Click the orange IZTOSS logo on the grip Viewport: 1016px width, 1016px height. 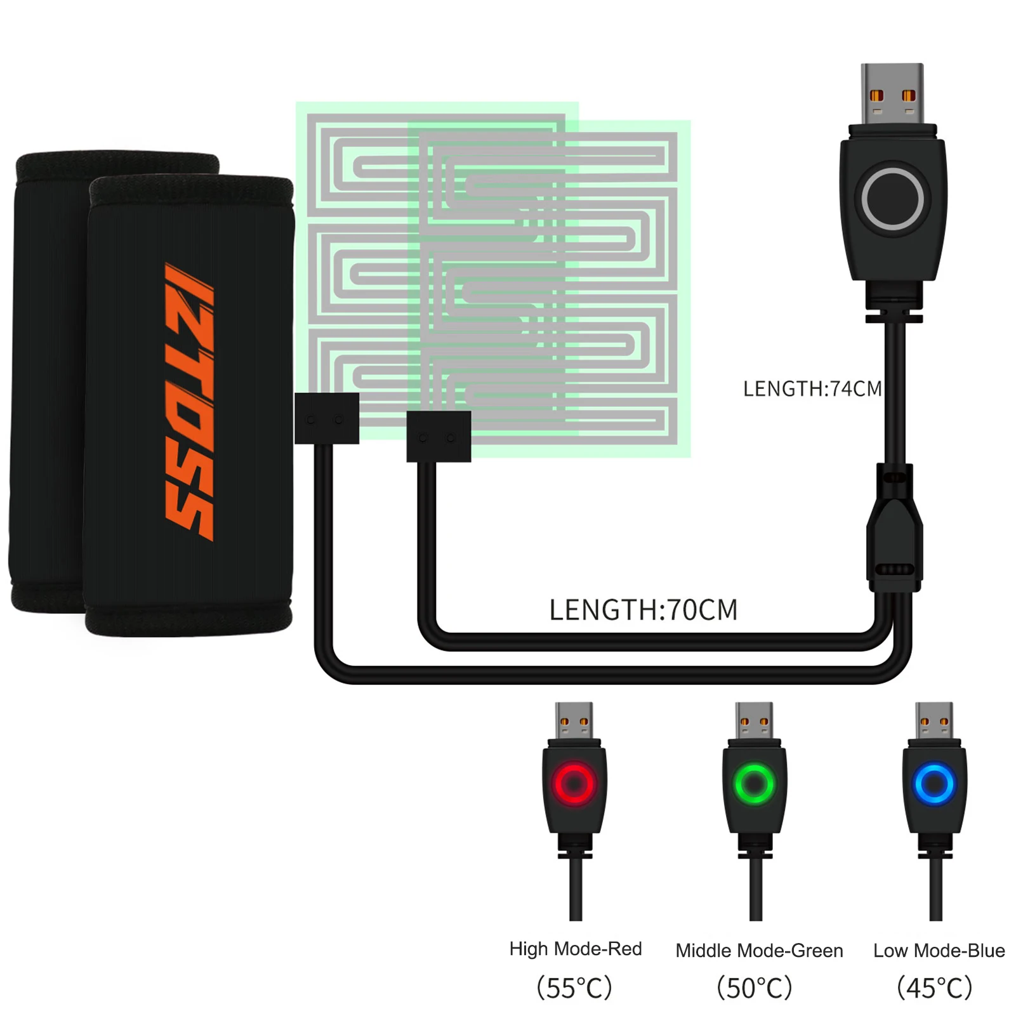coord(189,402)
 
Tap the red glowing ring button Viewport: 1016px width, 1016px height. coord(574,784)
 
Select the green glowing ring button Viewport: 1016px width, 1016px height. coord(755,784)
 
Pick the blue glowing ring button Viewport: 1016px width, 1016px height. coord(935,784)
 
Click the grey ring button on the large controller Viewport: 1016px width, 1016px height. coord(892,199)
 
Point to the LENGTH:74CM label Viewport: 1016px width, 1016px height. coord(812,388)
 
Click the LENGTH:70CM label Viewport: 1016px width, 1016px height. coord(643,610)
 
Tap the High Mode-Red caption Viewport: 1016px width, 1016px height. coord(576,949)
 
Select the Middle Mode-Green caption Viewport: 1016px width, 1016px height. coord(759,950)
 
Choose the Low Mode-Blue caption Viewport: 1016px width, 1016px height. coord(939,950)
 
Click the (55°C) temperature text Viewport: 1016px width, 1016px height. coord(574,987)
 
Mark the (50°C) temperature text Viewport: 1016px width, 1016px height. coord(755,987)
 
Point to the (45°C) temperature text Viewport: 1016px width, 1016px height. coord(935,987)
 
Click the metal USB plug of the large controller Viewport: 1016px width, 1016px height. coord(892,93)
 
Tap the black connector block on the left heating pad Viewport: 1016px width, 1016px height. coord(327,418)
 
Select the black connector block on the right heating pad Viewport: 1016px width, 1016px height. coord(439,437)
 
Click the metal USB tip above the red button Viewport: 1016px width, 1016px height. coord(574,720)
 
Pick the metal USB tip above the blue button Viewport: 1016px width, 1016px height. coord(934,720)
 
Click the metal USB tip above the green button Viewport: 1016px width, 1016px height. coord(754,720)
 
